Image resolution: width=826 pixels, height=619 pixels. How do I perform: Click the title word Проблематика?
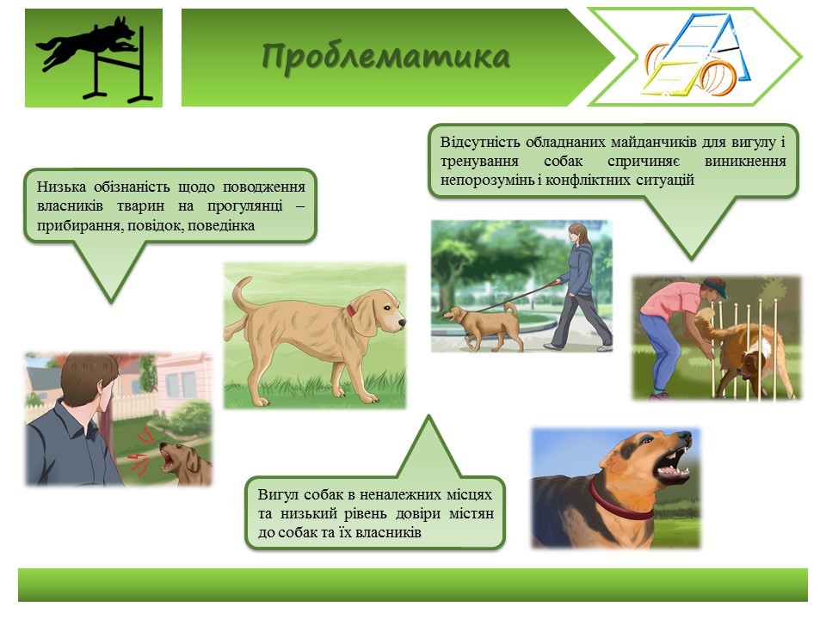tap(386, 57)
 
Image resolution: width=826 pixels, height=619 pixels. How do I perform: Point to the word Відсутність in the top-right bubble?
tap(480, 142)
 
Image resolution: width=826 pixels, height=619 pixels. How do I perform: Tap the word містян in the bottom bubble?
tap(471, 513)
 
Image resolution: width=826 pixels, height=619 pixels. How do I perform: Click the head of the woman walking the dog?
tap(578, 233)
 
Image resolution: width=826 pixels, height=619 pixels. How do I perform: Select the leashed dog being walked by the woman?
tap(483, 326)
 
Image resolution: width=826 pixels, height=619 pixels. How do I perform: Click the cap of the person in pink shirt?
tap(716, 285)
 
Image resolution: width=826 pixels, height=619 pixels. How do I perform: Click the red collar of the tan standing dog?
tap(351, 310)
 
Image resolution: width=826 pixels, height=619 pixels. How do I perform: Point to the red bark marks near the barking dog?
tap(140, 451)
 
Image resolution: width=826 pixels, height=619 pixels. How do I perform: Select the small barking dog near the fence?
tap(185, 463)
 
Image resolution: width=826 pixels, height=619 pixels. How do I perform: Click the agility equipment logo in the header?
tap(696, 57)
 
